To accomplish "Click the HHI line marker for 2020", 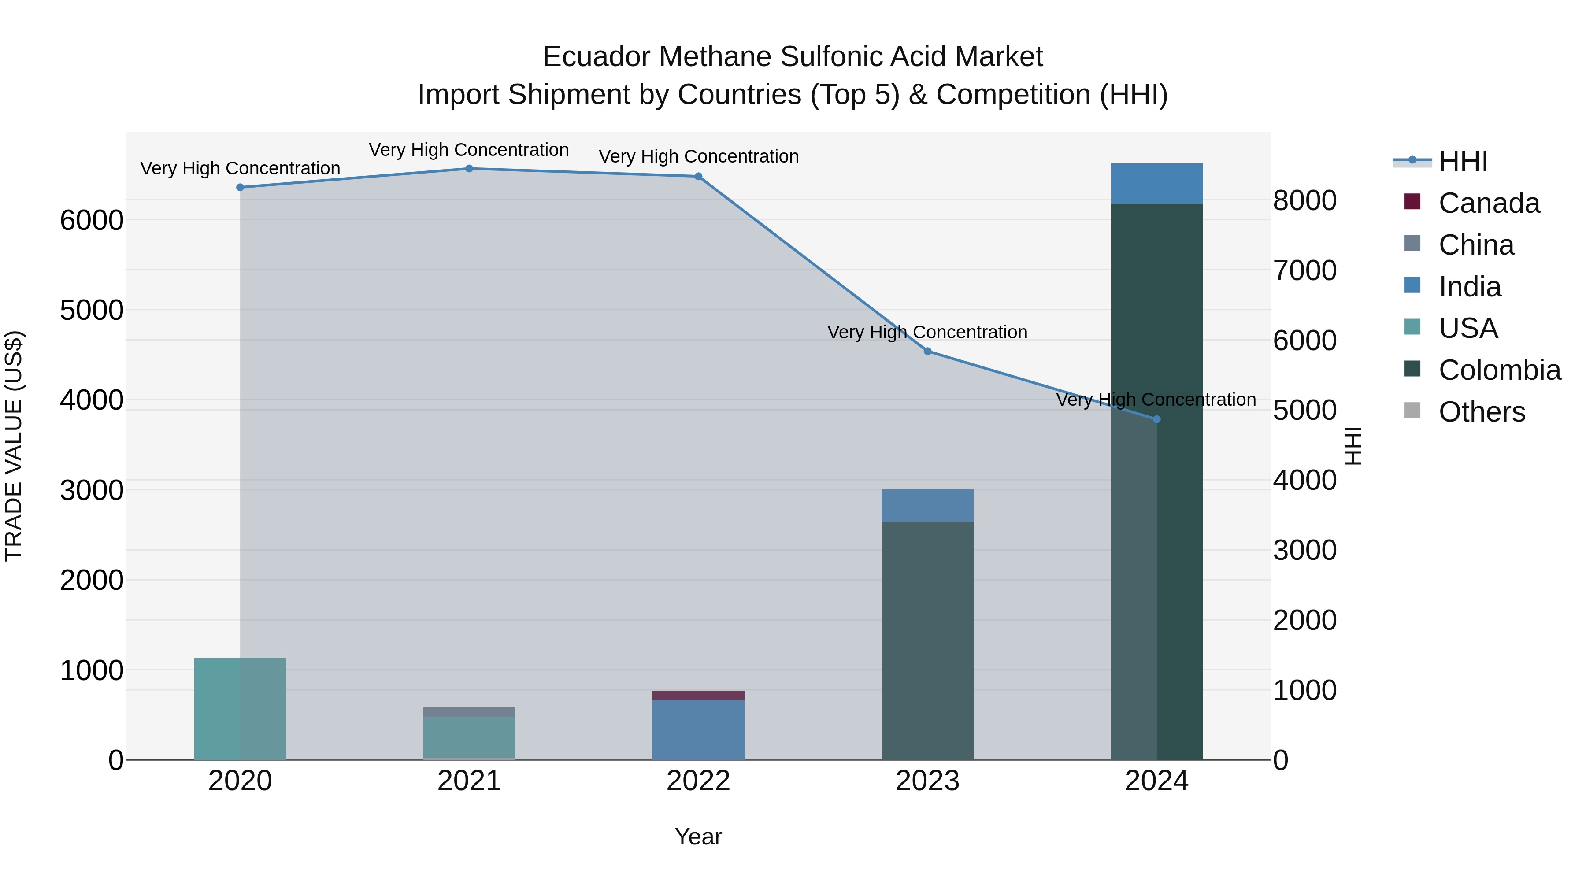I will [240, 187].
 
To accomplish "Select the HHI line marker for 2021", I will [469, 169].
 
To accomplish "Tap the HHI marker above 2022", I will [698, 177].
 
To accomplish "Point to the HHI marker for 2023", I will [927, 351].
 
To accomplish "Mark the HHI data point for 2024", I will [1156, 419].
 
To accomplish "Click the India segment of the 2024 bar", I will [1156, 183].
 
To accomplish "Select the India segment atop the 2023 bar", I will [927, 505].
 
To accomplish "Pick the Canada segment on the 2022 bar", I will [698, 695].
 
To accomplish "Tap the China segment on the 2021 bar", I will [469, 712].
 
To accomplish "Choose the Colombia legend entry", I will [1499, 370].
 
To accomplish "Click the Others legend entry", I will [1481, 412].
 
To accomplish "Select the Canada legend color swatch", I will [1412, 202].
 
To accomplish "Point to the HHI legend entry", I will [1463, 161].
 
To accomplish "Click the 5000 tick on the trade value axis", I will [92, 310].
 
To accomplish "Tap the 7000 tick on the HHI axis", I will [1304, 270].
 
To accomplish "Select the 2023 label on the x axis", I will [927, 781].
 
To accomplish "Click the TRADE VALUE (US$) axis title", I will [14, 446].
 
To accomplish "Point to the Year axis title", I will [698, 836].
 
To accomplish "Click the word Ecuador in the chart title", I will [596, 57].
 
